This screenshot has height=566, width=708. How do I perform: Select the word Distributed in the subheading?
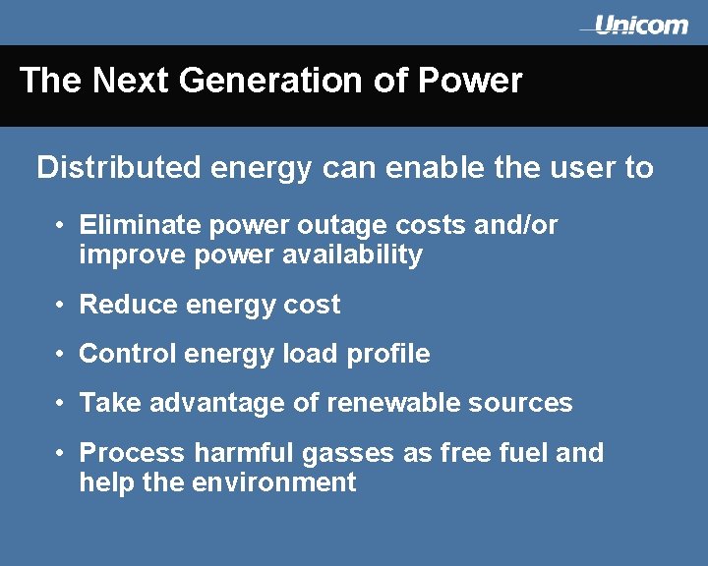pos(118,168)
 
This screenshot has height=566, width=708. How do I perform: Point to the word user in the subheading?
pos(581,168)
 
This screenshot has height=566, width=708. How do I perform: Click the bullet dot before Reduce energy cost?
pos(61,305)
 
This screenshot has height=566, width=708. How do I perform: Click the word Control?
pos(122,354)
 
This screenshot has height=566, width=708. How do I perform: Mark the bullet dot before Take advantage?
pos(61,403)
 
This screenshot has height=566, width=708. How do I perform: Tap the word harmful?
pos(244,453)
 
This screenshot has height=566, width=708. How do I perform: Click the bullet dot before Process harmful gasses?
pos(61,453)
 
